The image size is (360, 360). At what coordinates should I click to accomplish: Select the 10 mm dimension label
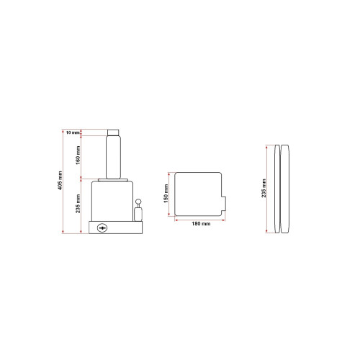[73, 132]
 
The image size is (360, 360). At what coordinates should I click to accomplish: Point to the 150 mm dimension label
[165, 194]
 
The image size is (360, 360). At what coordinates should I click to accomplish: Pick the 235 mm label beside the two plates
[264, 189]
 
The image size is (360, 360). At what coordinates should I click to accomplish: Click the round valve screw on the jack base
[102, 228]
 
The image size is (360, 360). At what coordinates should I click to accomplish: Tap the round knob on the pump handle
[138, 203]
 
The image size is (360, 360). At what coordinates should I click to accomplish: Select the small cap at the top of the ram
[114, 131]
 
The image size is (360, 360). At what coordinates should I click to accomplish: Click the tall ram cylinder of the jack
[114, 156]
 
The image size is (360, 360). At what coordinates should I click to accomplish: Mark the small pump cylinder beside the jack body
[138, 215]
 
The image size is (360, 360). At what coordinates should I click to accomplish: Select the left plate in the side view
[276, 189]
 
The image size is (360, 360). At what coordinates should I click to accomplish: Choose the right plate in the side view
[287, 189]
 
